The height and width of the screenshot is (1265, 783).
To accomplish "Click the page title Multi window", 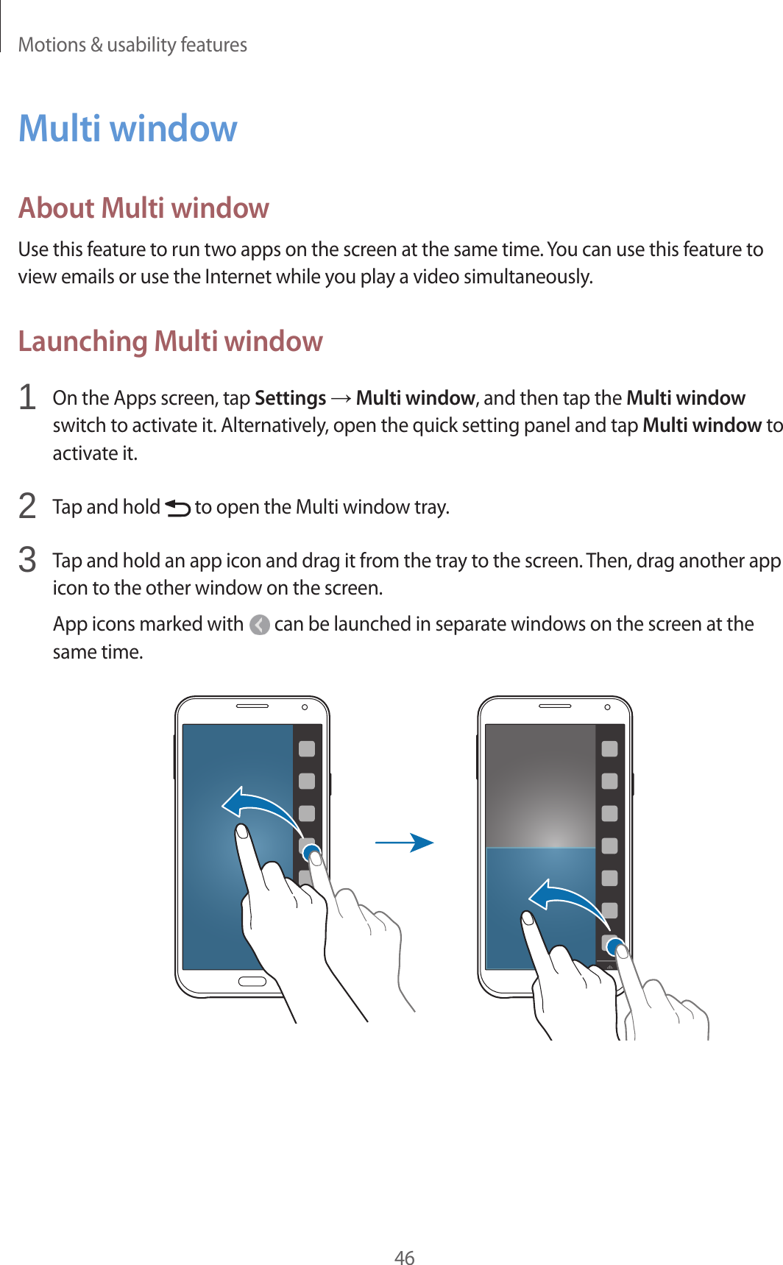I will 127,128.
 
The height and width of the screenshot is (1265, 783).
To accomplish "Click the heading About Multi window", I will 144,208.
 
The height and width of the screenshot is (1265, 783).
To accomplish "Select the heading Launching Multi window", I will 170,341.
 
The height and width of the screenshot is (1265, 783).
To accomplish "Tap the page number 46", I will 404,1257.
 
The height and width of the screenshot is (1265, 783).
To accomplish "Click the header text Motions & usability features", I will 132,45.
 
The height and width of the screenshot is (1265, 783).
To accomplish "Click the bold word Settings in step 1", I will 290,398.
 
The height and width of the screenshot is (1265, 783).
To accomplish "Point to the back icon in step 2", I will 177,508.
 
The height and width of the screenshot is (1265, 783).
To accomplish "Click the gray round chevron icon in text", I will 259,625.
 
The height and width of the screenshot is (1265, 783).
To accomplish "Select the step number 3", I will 27,560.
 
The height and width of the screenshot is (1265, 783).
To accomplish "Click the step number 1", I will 27,397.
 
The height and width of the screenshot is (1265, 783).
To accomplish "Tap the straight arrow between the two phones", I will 404,843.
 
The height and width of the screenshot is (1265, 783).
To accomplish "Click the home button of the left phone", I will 252,982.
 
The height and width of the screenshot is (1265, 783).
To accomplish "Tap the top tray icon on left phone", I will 307,749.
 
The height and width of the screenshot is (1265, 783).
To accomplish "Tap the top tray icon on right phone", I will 609,749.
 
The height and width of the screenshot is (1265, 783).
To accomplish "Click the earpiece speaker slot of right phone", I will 555,706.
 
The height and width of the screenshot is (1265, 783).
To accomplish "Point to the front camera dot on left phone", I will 304,707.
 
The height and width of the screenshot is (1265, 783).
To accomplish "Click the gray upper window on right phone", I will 540,784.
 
